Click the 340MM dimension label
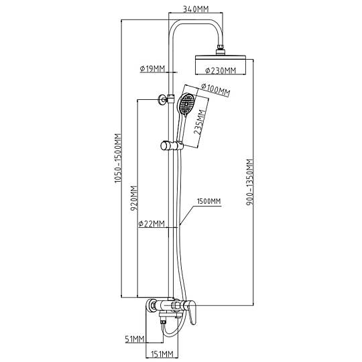196,9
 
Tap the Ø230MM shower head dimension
221,70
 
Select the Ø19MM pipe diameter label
152,68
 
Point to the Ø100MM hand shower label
215,90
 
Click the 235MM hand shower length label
200,123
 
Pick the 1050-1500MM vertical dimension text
118,158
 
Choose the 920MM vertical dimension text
134,198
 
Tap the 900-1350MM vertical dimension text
250,182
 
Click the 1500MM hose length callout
208,201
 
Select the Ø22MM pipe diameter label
152,224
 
